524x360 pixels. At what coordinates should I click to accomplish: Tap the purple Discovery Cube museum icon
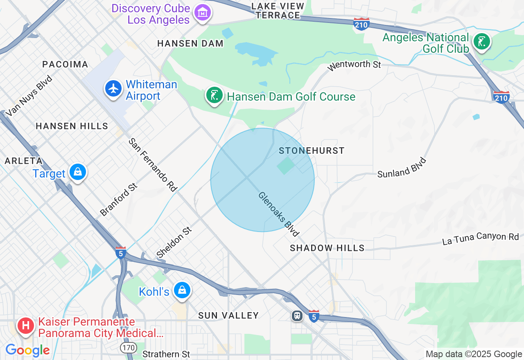click(203, 13)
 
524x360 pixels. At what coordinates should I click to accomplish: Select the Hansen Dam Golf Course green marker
click(214, 95)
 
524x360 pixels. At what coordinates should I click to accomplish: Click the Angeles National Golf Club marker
click(482, 42)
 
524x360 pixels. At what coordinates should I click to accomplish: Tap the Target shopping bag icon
click(77, 172)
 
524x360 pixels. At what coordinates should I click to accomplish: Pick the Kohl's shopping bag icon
click(182, 290)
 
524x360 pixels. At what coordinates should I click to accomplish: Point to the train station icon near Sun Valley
click(297, 316)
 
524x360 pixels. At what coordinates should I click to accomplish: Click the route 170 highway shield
click(128, 348)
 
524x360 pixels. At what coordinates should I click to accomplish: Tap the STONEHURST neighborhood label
click(312, 151)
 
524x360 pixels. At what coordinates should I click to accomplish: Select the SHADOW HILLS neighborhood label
click(327, 248)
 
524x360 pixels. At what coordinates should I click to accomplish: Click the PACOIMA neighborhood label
click(65, 64)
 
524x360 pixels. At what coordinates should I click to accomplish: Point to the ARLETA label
click(23, 161)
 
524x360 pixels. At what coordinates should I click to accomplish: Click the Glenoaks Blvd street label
click(278, 214)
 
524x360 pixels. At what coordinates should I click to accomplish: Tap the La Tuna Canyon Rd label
click(480, 239)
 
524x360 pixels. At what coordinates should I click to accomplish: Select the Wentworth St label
click(355, 65)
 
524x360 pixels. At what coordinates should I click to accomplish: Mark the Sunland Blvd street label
click(402, 168)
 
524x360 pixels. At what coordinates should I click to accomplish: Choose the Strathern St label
click(166, 353)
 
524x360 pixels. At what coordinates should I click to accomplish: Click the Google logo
click(27, 351)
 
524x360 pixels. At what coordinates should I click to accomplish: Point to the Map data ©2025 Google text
click(474, 354)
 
